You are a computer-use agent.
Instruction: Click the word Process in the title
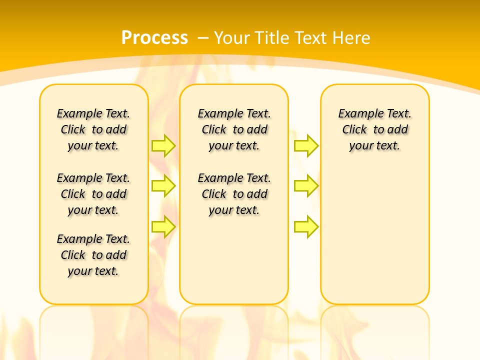(154, 37)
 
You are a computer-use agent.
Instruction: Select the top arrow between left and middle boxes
(163, 145)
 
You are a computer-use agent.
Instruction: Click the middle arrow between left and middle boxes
(163, 186)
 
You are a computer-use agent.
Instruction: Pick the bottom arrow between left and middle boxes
(163, 226)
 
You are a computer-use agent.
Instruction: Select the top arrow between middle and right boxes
(306, 145)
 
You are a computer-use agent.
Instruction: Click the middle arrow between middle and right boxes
(306, 186)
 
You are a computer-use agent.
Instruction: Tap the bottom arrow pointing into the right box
(306, 226)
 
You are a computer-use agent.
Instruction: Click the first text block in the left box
(93, 129)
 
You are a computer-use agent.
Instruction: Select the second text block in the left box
(93, 194)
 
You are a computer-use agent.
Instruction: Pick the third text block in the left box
(93, 255)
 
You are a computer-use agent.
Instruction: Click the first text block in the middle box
(234, 129)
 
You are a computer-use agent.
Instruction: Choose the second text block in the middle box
(234, 194)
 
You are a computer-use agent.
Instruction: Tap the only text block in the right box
(374, 129)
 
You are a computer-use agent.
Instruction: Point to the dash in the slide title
(203, 38)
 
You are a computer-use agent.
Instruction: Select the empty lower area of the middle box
(234, 260)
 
